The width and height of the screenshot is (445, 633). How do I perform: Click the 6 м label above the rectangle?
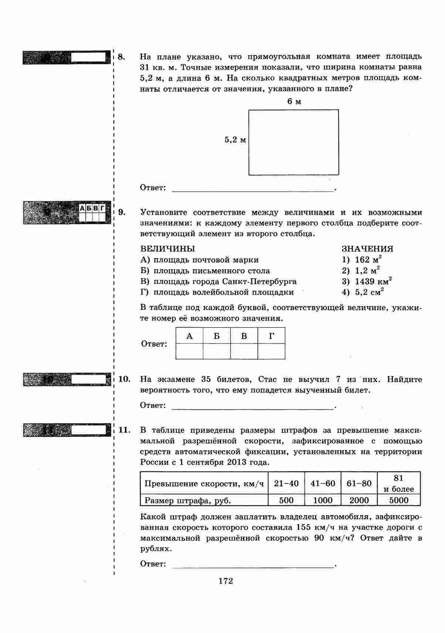294,102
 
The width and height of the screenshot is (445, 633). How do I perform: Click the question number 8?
122,57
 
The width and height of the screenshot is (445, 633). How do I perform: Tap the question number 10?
125,379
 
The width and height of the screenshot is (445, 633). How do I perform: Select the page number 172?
225,581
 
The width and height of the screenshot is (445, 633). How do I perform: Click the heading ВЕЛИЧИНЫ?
167,248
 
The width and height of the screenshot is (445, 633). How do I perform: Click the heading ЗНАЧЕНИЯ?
367,248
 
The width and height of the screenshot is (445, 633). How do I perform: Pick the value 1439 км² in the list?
373,281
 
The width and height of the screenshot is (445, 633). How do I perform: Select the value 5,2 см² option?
369,292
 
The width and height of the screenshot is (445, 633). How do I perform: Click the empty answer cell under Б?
217,351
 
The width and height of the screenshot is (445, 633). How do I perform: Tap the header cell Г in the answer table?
271,336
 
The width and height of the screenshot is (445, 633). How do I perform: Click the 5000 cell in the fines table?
399,500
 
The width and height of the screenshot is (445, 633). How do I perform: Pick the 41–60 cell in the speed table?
323,483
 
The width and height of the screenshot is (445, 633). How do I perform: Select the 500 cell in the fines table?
286,500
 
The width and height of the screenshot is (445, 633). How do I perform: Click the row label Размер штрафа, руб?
188,501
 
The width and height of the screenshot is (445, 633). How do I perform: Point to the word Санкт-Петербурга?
259,281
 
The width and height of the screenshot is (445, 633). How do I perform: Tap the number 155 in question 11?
303,527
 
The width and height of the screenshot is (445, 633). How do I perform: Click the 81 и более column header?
399,483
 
